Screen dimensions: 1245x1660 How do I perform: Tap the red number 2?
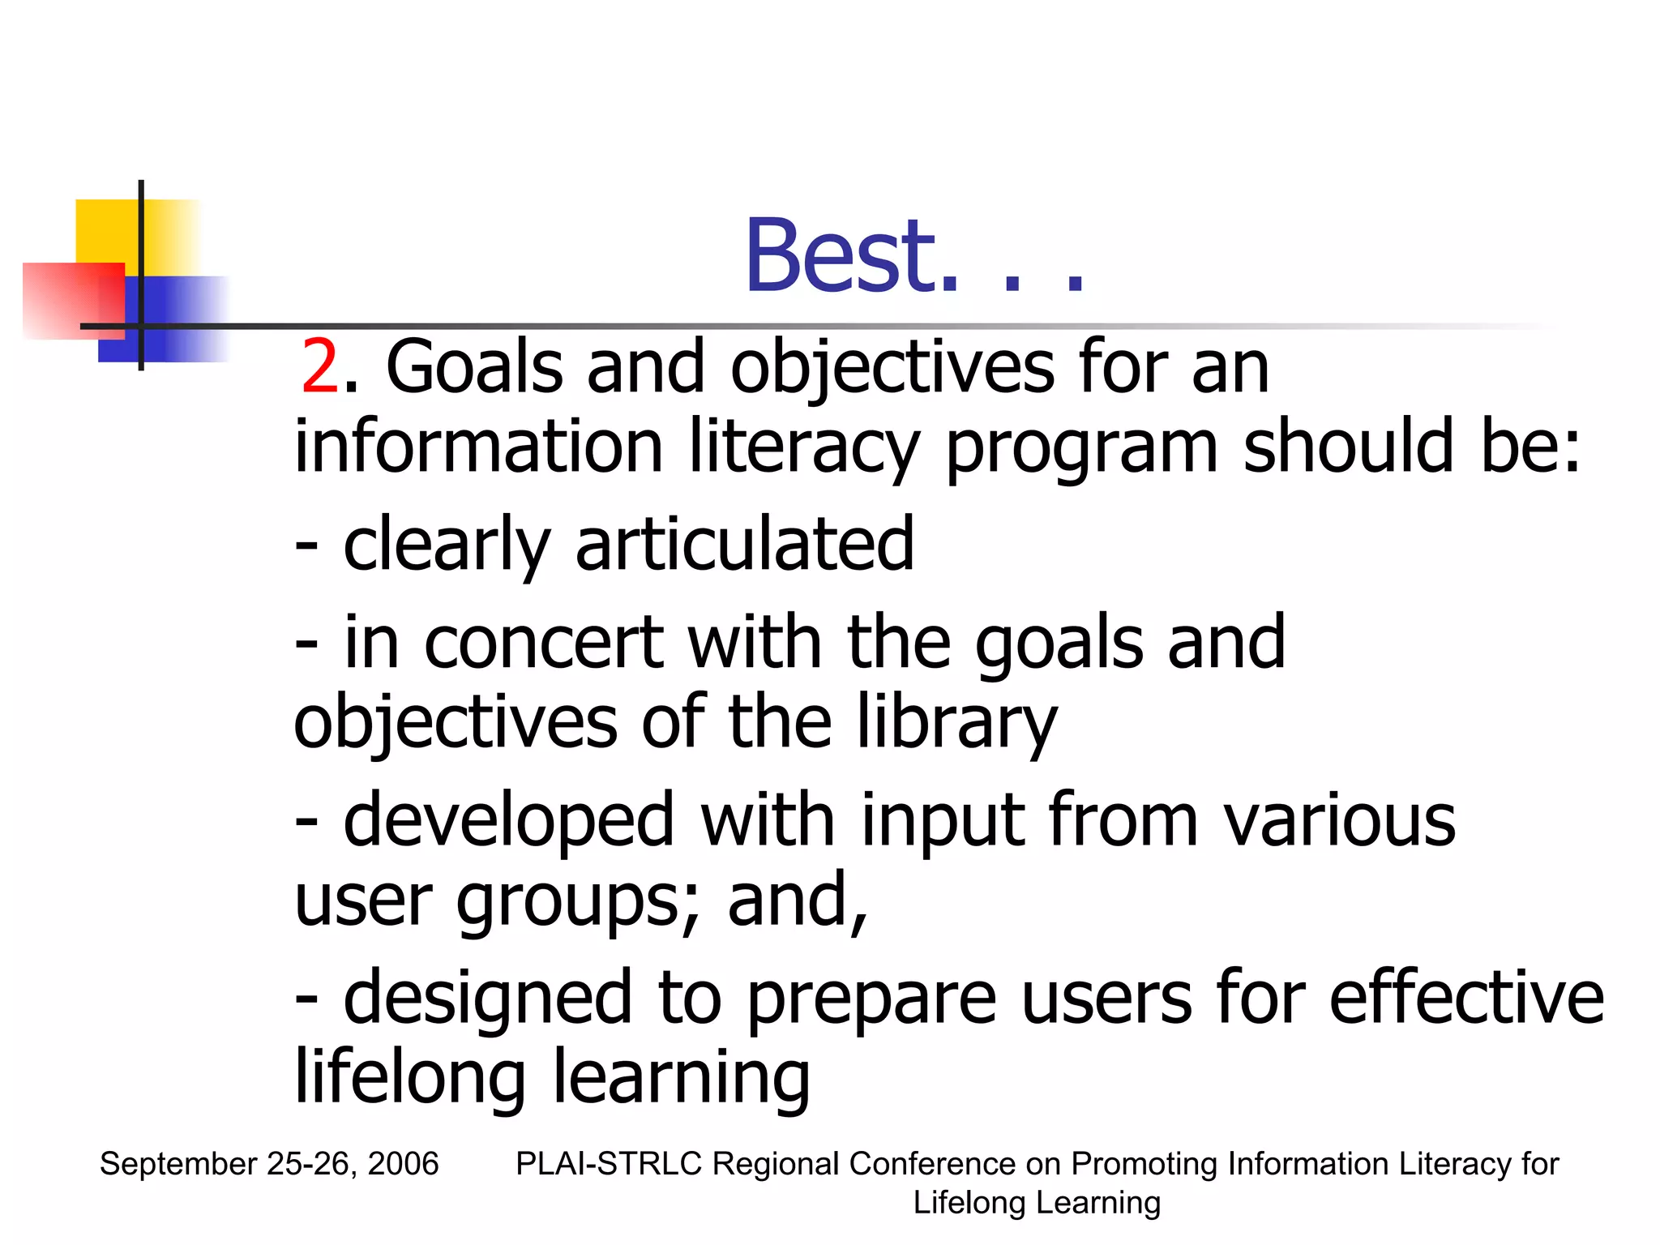tap(319, 368)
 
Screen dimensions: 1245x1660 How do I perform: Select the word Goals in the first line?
tap(474, 368)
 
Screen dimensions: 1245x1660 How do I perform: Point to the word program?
tap(1081, 451)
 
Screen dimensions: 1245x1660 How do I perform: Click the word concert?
tap(544, 642)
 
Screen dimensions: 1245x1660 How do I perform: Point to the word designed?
tap(487, 999)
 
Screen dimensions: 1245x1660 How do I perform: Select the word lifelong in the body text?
tap(410, 1078)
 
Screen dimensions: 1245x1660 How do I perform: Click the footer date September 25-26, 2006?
tap(269, 1164)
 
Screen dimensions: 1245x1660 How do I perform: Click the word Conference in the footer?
tap(932, 1164)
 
